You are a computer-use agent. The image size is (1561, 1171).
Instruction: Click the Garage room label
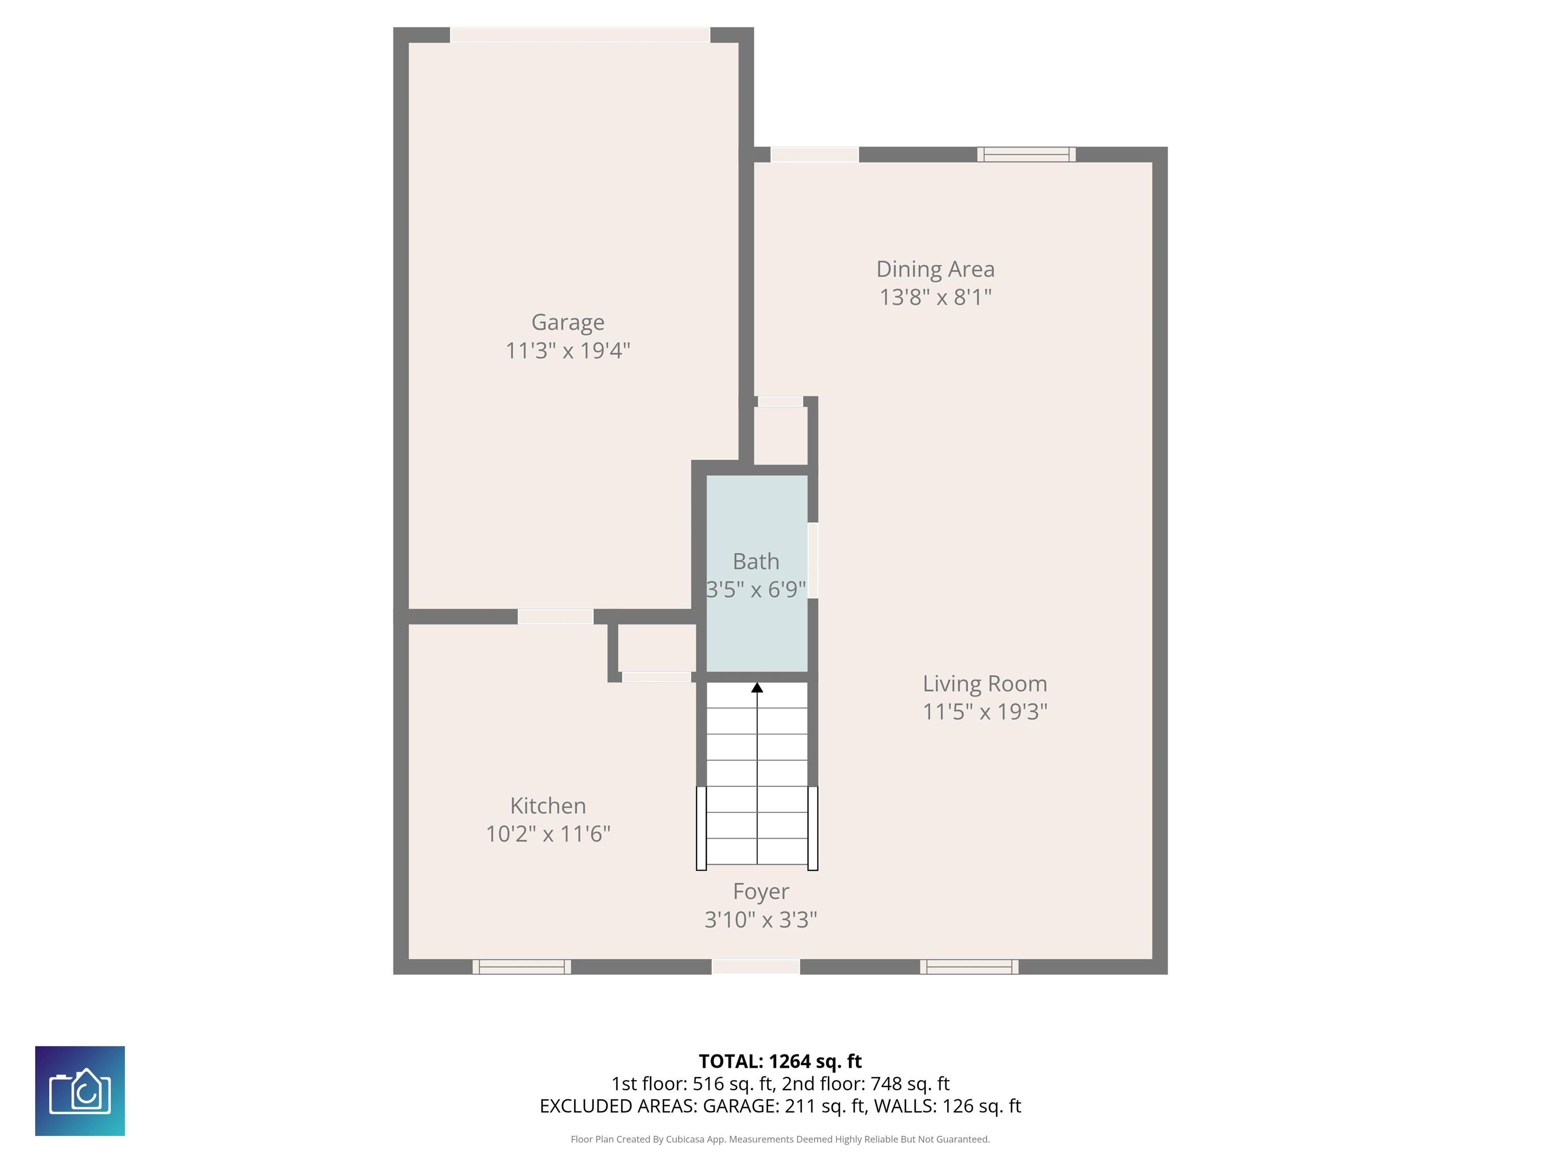(x=568, y=323)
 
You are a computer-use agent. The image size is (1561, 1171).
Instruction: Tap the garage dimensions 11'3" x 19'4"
(x=568, y=350)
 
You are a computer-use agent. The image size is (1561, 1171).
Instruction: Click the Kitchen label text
(x=548, y=806)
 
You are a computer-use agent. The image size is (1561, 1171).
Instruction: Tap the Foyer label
(x=761, y=891)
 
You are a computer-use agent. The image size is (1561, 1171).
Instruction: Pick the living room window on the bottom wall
(x=969, y=967)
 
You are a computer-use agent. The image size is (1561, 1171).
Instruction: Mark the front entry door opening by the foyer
(x=756, y=967)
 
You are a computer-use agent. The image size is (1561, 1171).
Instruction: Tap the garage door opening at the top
(x=580, y=35)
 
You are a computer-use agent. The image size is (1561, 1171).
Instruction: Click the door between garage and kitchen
(x=555, y=616)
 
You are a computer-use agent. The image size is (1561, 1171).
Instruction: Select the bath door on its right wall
(x=813, y=561)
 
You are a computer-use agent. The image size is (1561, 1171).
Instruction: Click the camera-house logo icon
(x=80, y=1091)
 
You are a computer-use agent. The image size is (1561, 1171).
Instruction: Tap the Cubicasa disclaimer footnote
(x=780, y=1139)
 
